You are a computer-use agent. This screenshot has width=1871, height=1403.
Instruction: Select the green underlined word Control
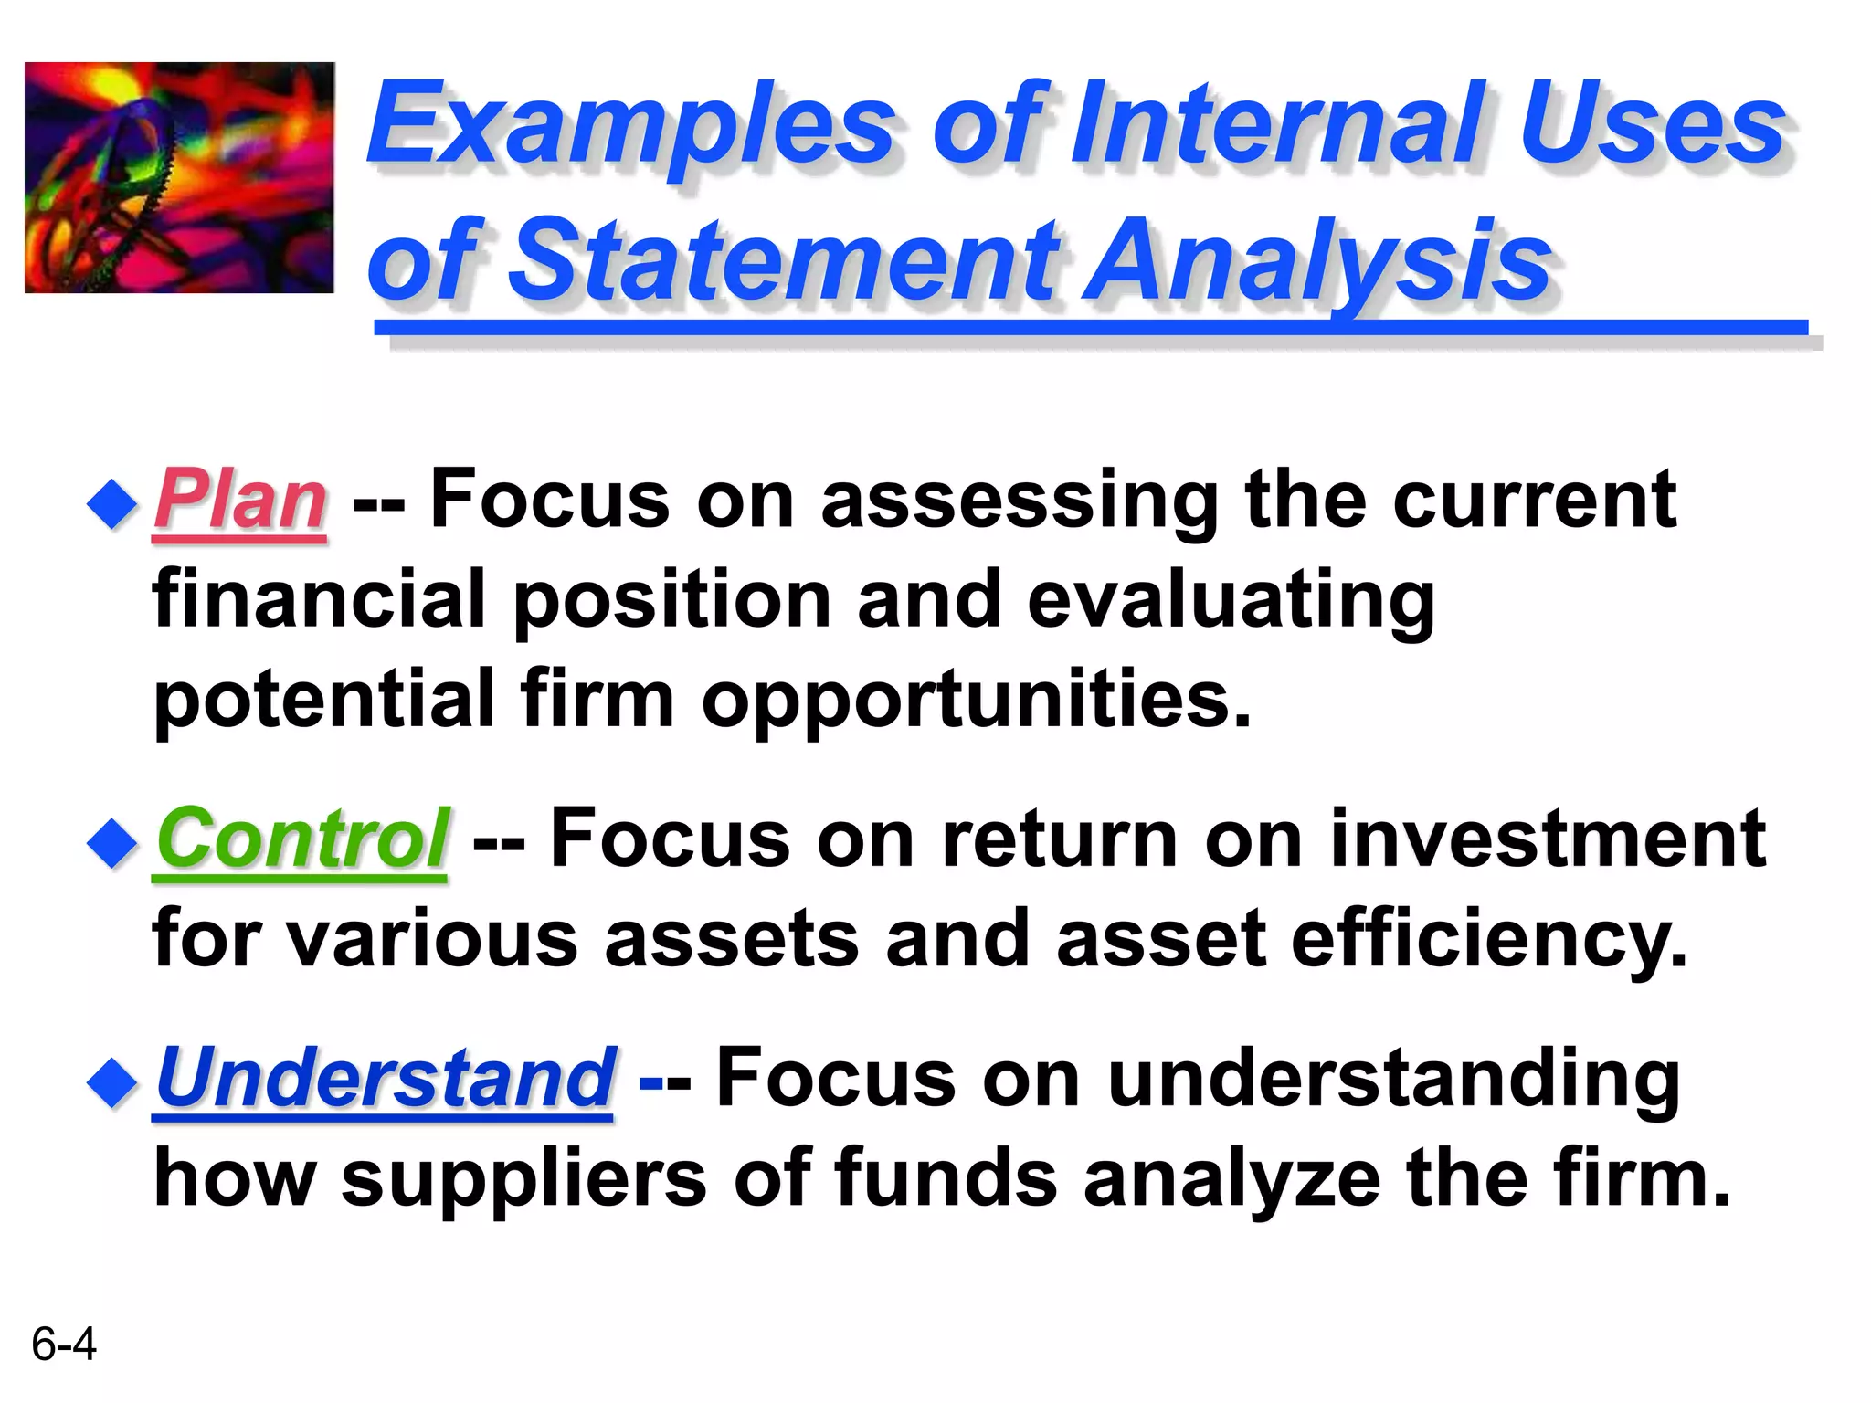[301, 839]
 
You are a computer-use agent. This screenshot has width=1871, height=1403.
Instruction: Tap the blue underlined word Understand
[385, 1078]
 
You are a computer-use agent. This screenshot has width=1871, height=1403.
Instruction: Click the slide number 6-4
[63, 1344]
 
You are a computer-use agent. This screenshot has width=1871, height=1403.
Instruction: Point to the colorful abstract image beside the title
[179, 178]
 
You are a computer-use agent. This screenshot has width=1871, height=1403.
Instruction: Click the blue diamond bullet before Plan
[111, 503]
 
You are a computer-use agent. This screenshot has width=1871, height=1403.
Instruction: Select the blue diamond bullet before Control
[111, 842]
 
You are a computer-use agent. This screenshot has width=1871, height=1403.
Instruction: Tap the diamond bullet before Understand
[111, 1081]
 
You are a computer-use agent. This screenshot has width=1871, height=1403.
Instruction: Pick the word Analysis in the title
[1316, 263]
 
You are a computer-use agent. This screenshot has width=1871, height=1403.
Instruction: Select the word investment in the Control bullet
[1548, 839]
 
